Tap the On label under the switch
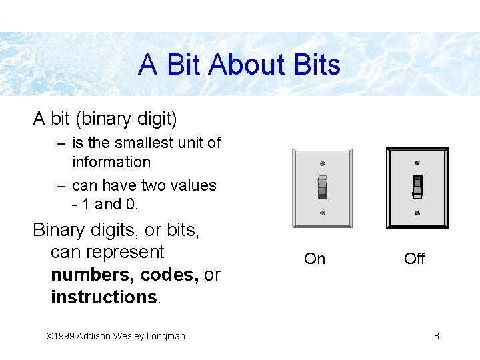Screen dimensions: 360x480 [315, 259]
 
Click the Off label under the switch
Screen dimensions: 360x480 [414, 259]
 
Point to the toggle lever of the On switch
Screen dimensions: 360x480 [322, 186]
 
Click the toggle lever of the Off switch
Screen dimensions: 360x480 [417, 187]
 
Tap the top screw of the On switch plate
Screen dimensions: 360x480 [322, 163]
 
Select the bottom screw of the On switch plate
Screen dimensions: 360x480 [322, 213]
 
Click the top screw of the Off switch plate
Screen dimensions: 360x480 [417, 162]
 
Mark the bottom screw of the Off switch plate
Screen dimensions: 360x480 [417, 213]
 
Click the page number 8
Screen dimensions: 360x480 [437, 336]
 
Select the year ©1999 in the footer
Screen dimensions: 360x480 [59, 336]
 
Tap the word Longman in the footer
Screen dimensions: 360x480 [164, 336]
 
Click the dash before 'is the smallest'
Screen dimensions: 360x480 [61, 143]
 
